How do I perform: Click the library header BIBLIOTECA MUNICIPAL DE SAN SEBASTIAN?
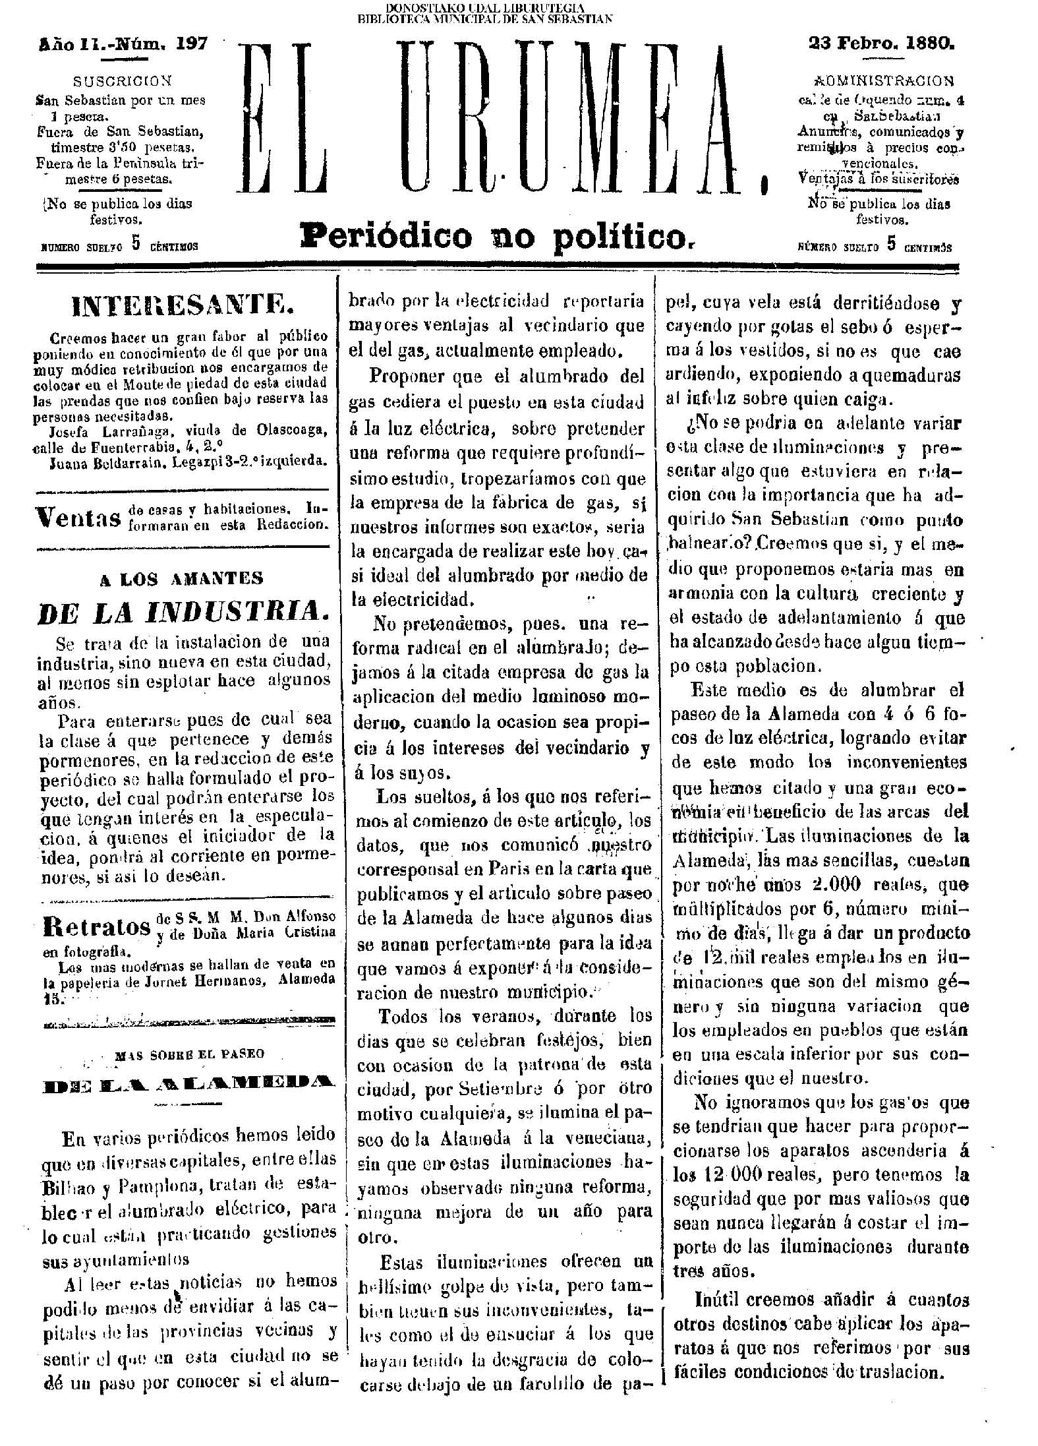coord(484,18)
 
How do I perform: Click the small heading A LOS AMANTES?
coord(181,579)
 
